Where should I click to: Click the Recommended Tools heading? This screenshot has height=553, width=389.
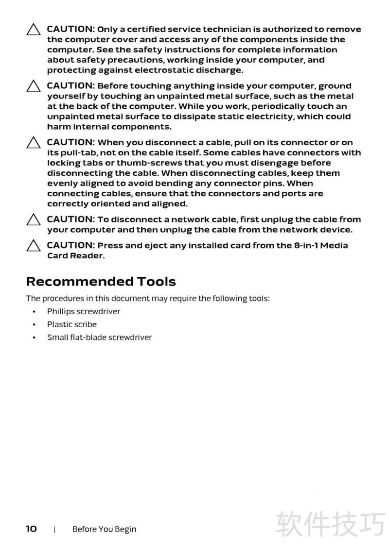101,282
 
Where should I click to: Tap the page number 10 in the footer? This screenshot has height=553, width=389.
32,529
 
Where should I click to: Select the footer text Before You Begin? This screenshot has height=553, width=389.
104,529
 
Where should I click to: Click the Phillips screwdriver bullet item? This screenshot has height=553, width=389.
83,311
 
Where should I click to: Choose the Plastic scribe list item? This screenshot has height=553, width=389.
71,324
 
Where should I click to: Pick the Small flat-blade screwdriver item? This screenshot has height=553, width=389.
99,337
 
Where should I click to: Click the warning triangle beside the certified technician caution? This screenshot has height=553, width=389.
34,30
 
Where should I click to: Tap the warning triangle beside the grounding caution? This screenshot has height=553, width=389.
34,86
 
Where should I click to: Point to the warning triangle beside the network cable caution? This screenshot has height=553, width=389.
34,220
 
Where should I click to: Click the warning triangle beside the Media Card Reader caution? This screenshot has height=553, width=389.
34,246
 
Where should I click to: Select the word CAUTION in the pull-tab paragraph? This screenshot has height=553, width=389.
71,142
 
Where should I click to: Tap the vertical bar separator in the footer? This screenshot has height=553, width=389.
54,529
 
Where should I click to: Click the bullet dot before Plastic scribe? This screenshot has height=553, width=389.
34,324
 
